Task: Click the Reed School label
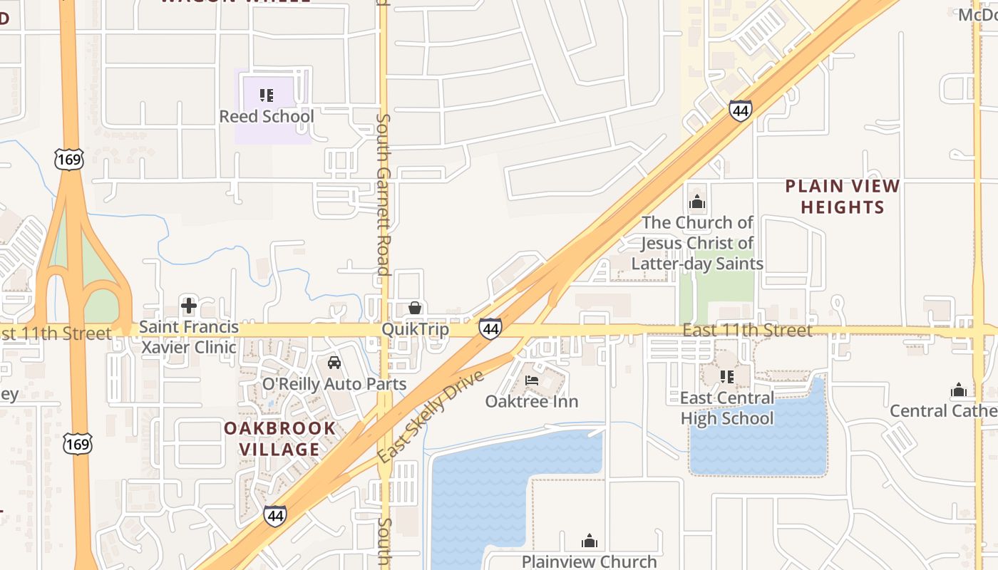pyautogui.click(x=267, y=116)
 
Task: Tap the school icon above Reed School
pyautogui.click(x=267, y=95)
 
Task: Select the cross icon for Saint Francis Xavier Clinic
pyautogui.click(x=189, y=306)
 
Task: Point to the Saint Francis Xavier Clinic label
pyautogui.click(x=189, y=338)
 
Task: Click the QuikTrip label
pyautogui.click(x=416, y=329)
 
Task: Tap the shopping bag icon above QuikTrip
pyautogui.click(x=415, y=308)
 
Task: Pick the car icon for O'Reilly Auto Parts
pyautogui.click(x=334, y=363)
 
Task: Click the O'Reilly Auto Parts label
pyautogui.click(x=334, y=384)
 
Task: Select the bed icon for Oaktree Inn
pyautogui.click(x=532, y=380)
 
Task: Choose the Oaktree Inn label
pyautogui.click(x=532, y=401)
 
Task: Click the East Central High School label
pyautogui.click(x=727, y=408)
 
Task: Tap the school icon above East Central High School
pyautogui.click(x=727, y=376)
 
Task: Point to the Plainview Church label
pyautogui.click(x=589, y=561)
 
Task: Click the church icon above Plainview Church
pyautogui.click(x=589, y=541)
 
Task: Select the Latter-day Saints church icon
pyautogui.click(x=697, y=202)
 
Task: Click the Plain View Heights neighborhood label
pyautogui.click(x=843, y=197)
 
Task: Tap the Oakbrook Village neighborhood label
pyautogui.click(x=279, y=439)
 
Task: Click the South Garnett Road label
pyautogui.click(x=383, y=194)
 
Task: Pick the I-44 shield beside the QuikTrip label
pyautogui.click(x=490, y=328)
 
